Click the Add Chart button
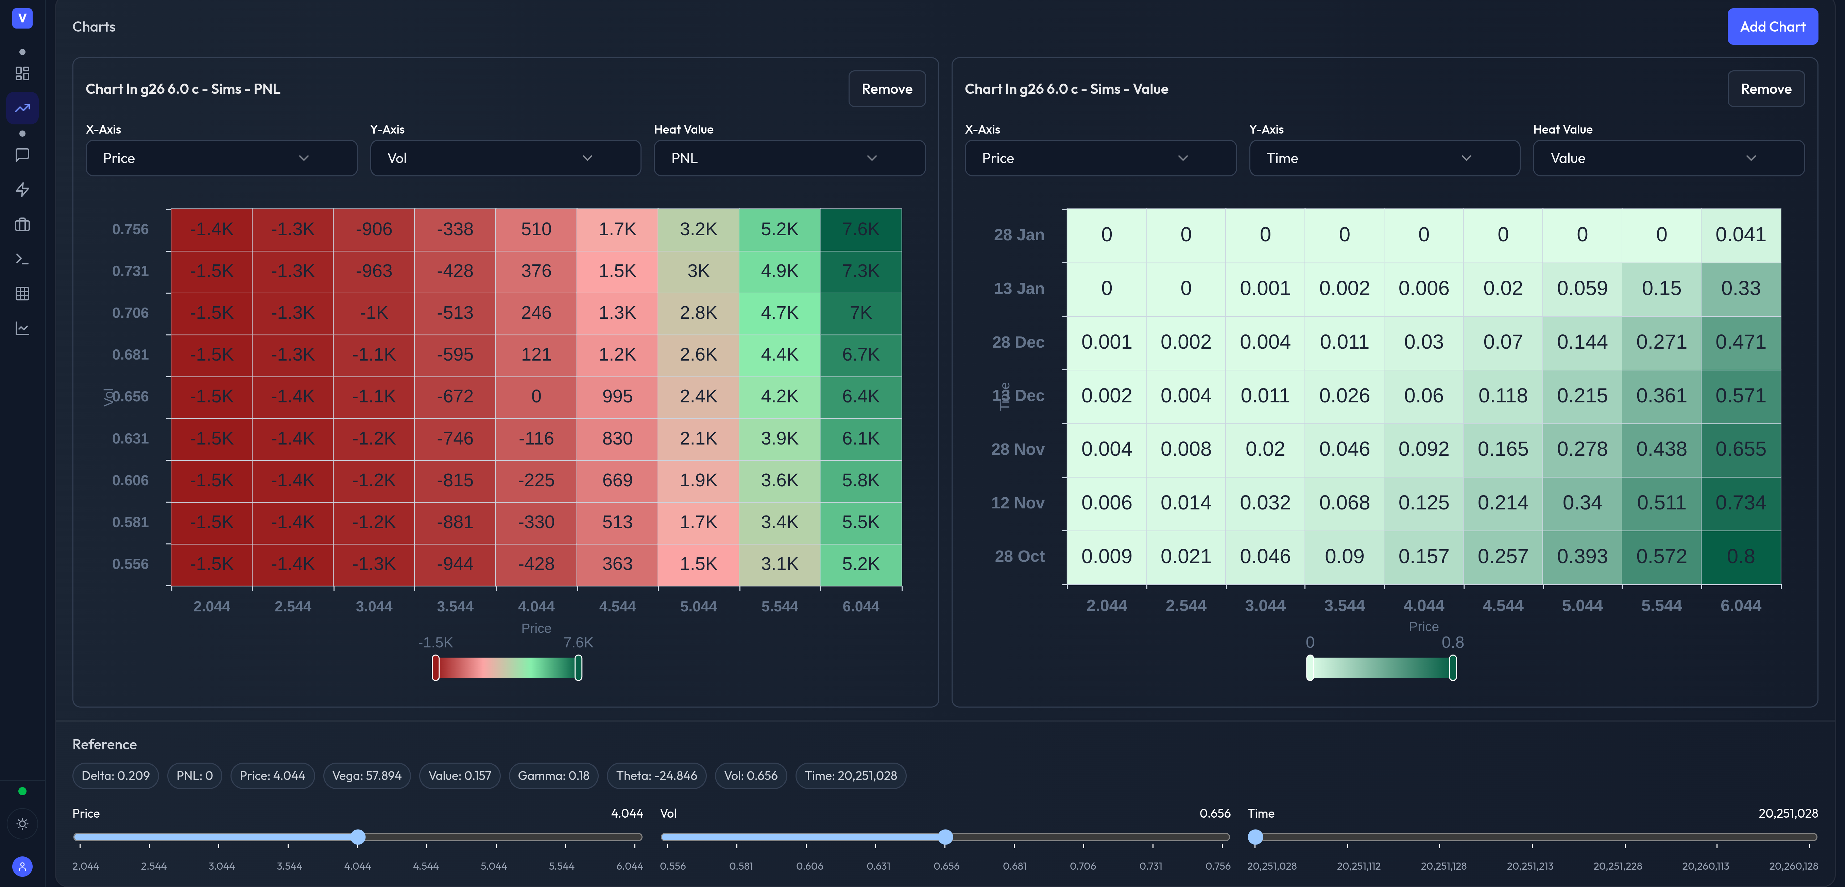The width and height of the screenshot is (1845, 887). pos(1772,27)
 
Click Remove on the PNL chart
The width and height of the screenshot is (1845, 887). pos(886,89)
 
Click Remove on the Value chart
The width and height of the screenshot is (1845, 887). pos(1765,89)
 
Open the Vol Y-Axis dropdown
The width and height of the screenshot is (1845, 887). pos(505,158)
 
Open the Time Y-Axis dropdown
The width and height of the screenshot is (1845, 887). pos(1384,158)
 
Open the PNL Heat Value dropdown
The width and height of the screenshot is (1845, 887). pos(789,158)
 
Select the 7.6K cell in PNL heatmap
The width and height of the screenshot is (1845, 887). pos(860,229)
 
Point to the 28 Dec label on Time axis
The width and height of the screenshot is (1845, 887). pos(1018,342)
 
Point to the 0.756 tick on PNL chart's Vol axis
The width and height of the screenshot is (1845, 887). pos(130,229)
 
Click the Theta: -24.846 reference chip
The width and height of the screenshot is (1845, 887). pos(656,775)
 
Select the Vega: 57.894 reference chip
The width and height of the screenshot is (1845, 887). pos(367,775)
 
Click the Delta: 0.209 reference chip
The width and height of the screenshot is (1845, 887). pos(115,775)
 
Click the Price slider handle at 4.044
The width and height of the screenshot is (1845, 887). pos(358,837)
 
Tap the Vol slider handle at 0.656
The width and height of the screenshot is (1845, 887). pos(945,837)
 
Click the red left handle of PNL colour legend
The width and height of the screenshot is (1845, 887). pos(435,668)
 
